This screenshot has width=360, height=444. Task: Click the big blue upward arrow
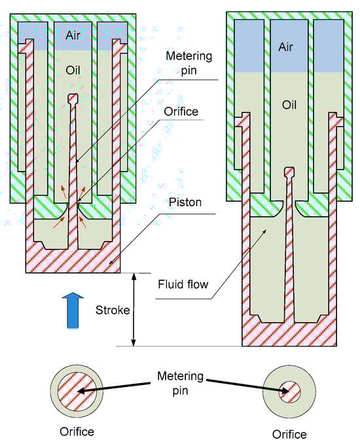[73, 310]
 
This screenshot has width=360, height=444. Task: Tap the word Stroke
[113, 310]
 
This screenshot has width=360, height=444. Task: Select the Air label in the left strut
[73, 35]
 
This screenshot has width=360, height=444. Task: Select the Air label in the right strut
[285, 47]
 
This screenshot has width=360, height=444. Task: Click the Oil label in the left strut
[73, 70]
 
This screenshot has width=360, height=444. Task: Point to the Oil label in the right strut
[289, 105]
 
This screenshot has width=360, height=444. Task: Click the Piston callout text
[185, 202]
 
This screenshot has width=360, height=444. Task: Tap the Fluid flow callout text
[183, 284]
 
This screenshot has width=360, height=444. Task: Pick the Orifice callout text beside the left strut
[181, 111]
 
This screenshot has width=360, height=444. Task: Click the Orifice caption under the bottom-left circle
[77, 432]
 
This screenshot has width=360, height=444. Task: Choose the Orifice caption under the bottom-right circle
[289, 434]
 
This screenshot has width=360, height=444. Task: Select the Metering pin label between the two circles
[181, 383]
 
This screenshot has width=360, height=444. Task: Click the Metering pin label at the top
[189, 63]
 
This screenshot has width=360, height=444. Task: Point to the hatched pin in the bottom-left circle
[77, 391]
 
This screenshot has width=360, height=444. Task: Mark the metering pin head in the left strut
[73, 98]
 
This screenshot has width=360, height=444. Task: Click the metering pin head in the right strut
[289, 172]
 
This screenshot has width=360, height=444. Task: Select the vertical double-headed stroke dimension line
[134, 310]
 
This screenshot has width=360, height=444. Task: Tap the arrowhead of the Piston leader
[111, 263]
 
